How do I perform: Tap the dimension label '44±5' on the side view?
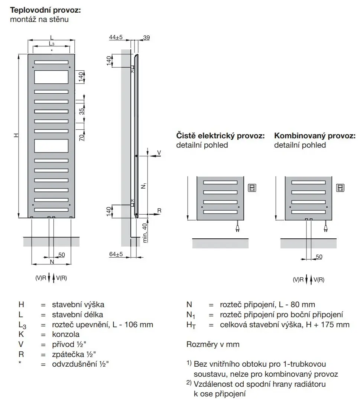click(x=116, y=37)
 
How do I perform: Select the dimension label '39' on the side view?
click(x=146, y=37)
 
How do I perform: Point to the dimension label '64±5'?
click(x=116, y=254)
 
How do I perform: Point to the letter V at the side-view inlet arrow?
click(x=159, y=152)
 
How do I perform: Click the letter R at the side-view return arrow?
click(x=159, y=211)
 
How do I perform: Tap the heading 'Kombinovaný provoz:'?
click(x=315, y=136)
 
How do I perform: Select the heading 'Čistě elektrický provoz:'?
click(x=220, y=136)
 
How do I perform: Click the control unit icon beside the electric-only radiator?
click(x=252, y=188)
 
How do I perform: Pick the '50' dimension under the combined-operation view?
click(x=319, y=257)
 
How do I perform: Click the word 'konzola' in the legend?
click(x=66, y=334)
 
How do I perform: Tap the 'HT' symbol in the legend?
click(x=191, y=325)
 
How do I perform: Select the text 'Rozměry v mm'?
click(x=213, y=344)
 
